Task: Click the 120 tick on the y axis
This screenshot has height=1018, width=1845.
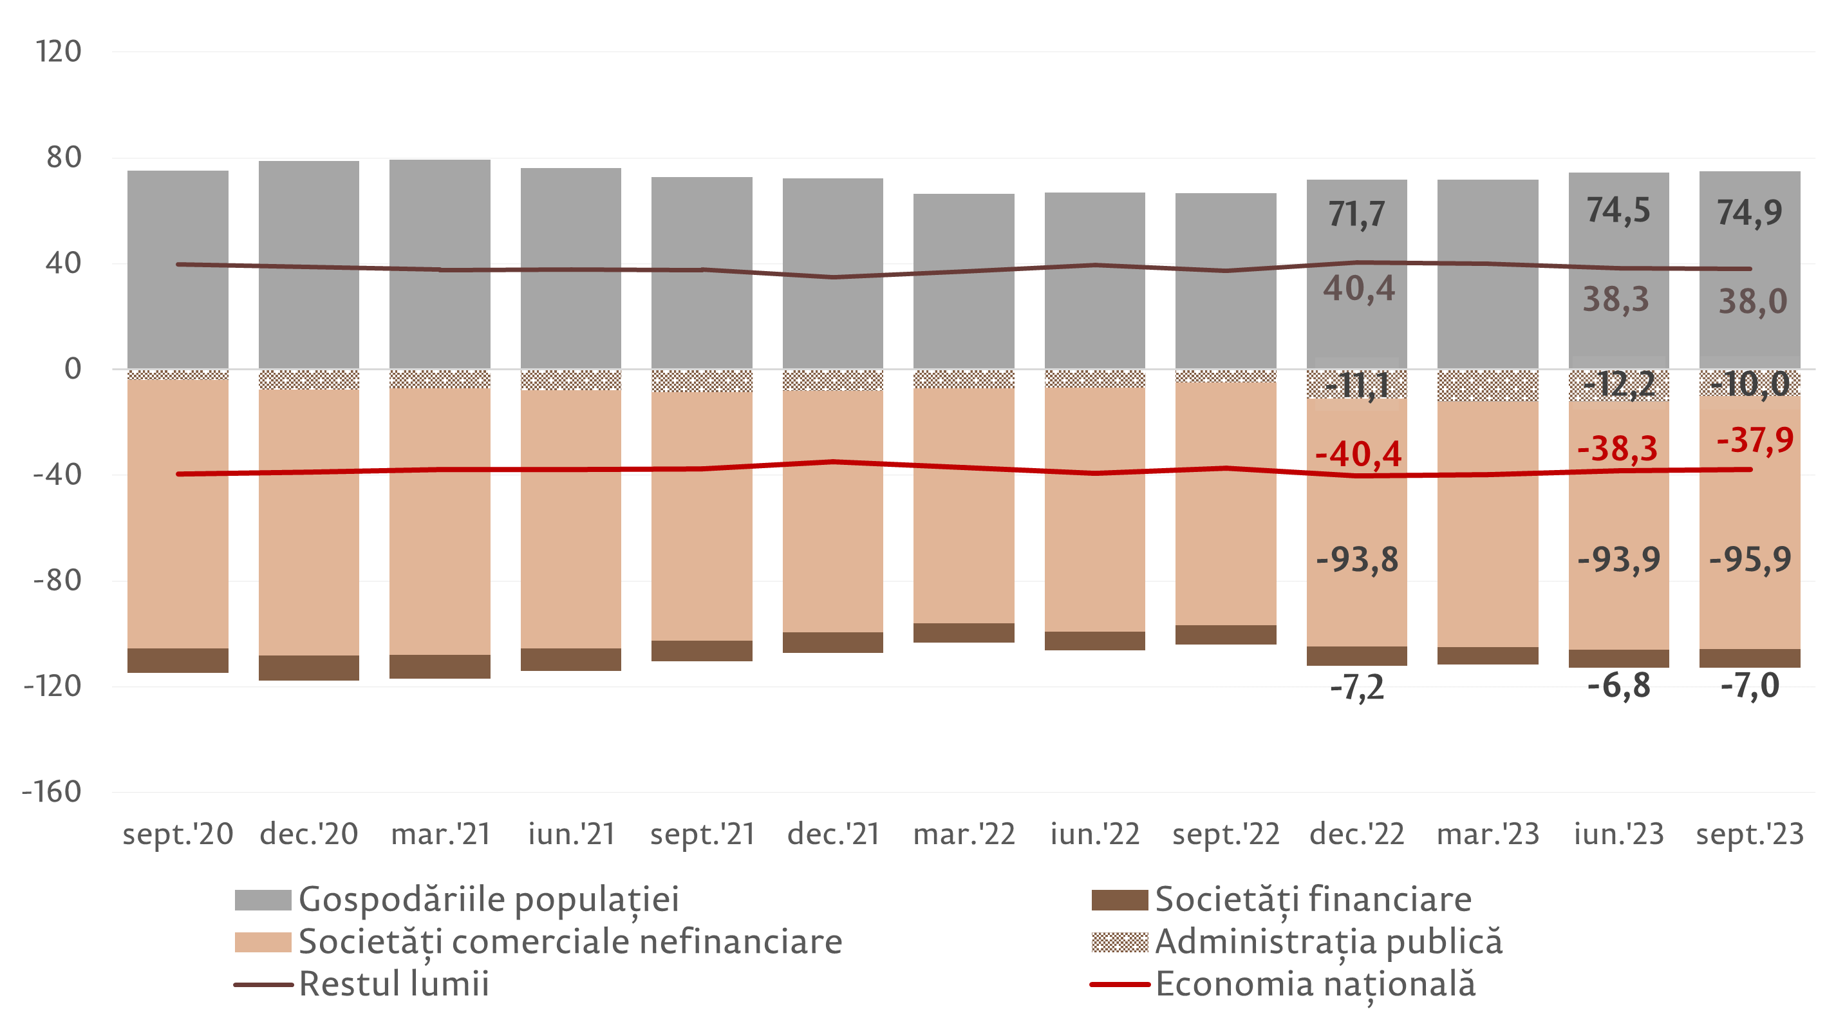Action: tap(59, 52)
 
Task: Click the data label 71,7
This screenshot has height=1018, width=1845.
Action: tap(1356, 214)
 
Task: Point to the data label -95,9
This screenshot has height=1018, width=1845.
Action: tap(1750, 560)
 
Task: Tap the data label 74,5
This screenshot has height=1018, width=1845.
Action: tap(1618, 211)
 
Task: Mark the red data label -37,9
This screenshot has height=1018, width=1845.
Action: tap(1755, 440)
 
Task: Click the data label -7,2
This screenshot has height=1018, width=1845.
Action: tap(1356, 688)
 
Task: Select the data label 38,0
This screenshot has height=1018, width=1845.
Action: tap(1752, 301)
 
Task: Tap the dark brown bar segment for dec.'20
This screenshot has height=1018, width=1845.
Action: tap(309, 668)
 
